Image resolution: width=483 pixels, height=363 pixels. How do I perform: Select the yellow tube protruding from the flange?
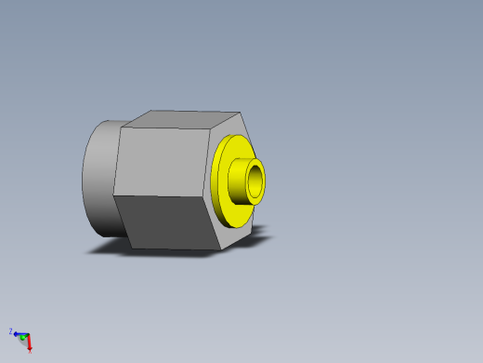[241, 181]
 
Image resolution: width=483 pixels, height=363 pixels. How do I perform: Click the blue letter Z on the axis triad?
[11, 330]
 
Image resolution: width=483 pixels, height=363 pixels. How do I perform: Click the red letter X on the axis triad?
[30, 350]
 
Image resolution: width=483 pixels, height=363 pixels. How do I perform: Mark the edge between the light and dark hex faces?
[163, 195]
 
